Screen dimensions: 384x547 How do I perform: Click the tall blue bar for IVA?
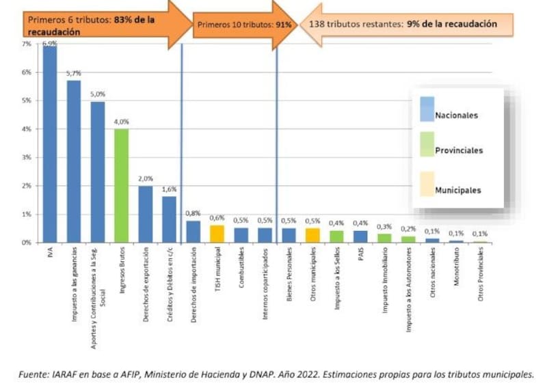pyautogui.click(x=50, y=144)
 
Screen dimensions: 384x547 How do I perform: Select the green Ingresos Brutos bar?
pyautogui.click(x=121, y=185)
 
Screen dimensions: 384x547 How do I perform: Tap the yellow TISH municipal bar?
pyautogui.click(x=217, y=234)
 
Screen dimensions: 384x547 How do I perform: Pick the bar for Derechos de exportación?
pyautogui.click(x=145, y=214)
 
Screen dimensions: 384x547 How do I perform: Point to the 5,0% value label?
pyautogui.click(x=98, y=94)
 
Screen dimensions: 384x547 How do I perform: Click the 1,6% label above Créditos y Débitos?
pyautogui.click(x=170, y=189)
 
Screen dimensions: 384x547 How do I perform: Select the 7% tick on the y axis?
pyautogui.click(x=26, y=44)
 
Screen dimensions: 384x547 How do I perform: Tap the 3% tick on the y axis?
pyautogui.click(x=26, y=157)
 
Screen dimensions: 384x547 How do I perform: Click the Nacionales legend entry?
pyautogui.click(x=456, y=115)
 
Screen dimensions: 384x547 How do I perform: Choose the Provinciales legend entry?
pyautogui.click(x=459, y=150)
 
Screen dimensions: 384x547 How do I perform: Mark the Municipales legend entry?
pyautogui.click(x=457, y=190)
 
